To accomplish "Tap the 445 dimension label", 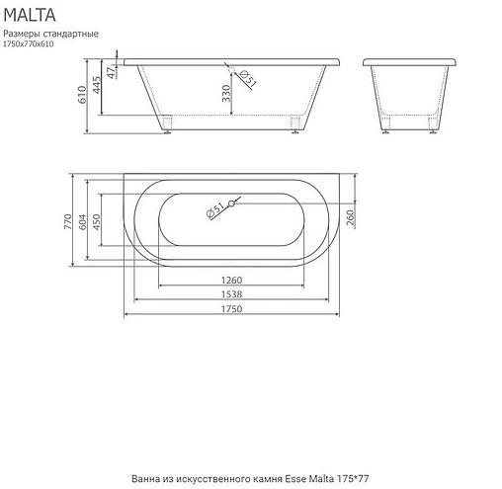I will click(99, 88).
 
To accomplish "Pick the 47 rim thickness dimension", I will click(114, 71).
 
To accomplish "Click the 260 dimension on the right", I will click(351, 216).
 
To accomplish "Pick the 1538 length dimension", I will click(233, 294).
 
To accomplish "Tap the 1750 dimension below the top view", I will click(233, 309).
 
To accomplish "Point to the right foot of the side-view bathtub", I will click(296, 124).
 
